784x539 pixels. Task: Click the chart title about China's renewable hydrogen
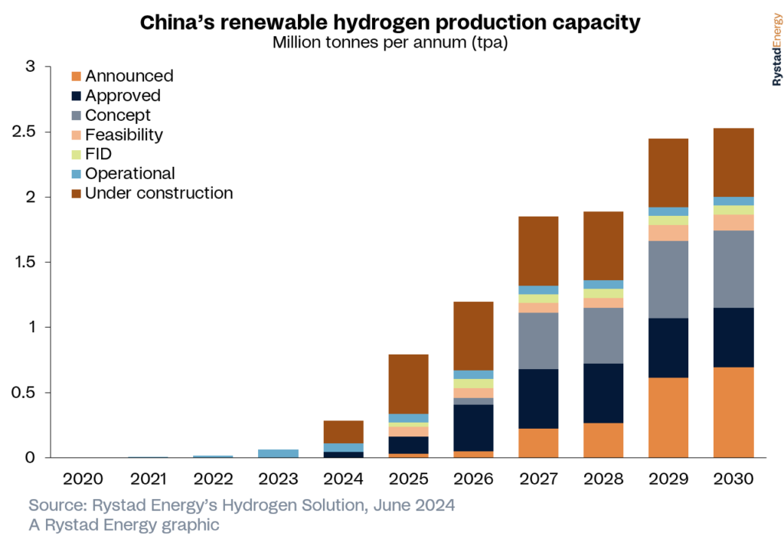click(390, 23)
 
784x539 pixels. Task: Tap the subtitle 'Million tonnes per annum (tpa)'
click(390, 43)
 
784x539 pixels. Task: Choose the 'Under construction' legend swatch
click(76, 194)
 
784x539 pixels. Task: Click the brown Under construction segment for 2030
click(733, 162)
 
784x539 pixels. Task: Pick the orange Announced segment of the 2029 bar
click(668, 417)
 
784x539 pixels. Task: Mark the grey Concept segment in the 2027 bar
click(538, 341)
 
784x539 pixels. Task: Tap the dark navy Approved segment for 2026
click(472, 428)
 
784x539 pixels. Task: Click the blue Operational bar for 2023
click(278, 453)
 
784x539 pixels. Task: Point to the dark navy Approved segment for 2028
click(603, 393)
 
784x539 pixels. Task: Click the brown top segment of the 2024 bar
click(343, 432)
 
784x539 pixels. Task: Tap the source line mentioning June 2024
click(242, 506)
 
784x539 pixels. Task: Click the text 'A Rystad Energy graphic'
click(124, 524)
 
